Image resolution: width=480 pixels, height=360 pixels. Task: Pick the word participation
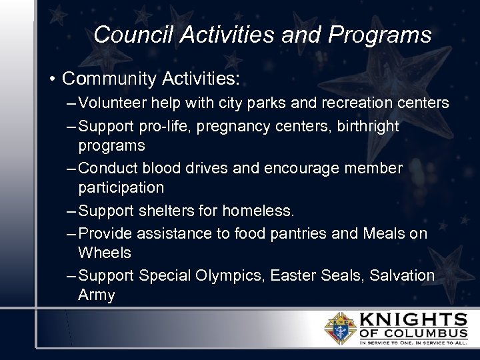[121, 187]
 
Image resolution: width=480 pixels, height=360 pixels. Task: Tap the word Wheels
[105, 253]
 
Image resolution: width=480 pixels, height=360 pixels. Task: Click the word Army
[97, 295]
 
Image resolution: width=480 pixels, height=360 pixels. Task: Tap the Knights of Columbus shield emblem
[339, 327]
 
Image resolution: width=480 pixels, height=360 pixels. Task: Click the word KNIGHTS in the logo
[414, 319]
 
